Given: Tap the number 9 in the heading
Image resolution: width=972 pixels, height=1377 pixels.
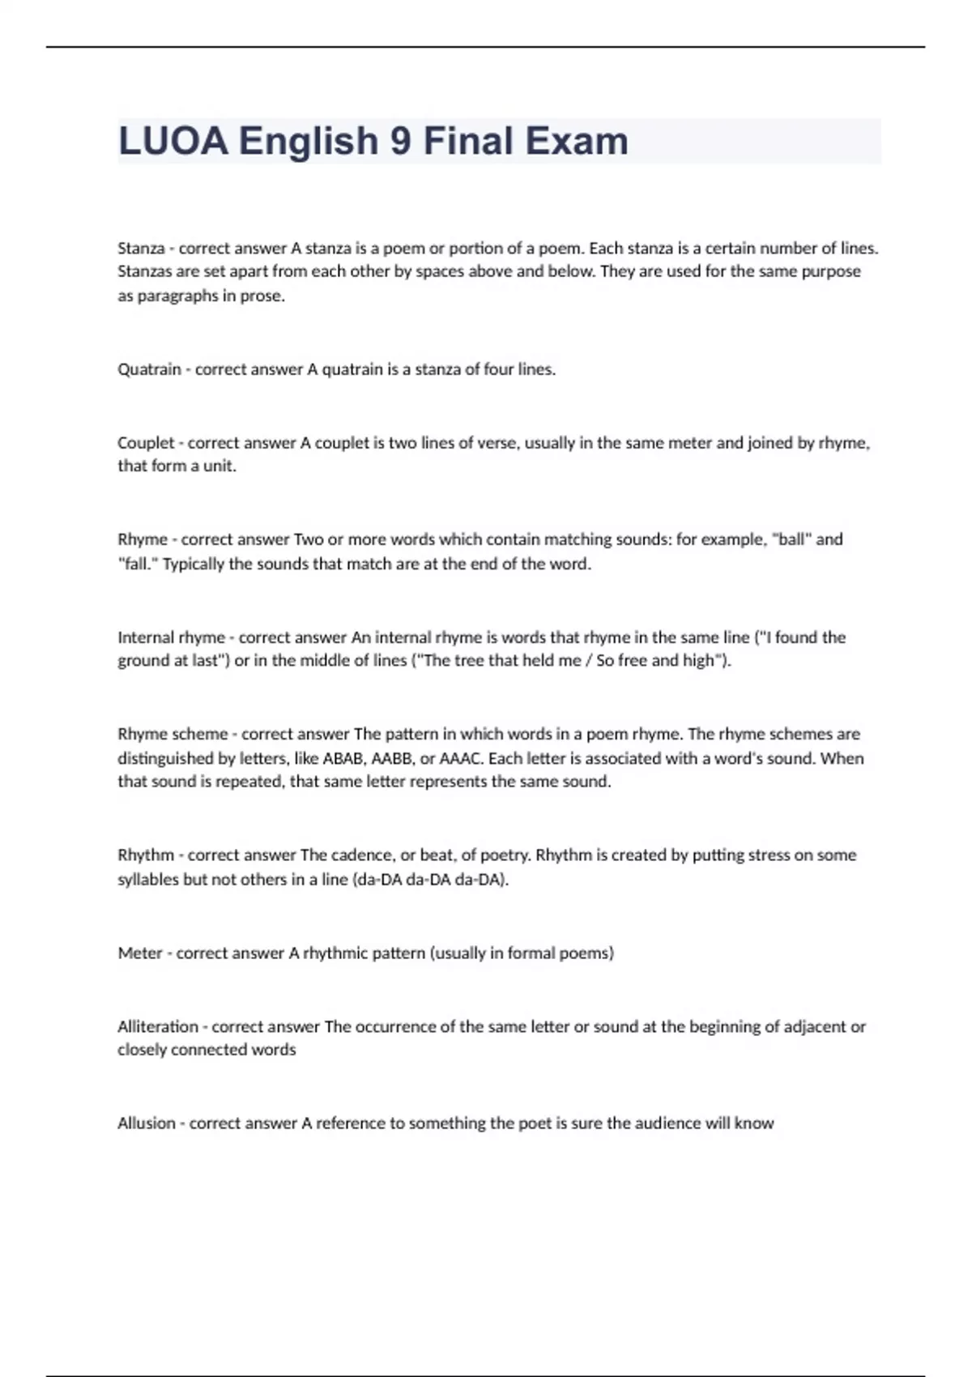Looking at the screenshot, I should (400, 141).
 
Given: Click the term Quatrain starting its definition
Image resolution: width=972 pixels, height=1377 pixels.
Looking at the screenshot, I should (149, 369).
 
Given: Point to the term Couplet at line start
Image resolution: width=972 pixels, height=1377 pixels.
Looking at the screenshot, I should (146, 443).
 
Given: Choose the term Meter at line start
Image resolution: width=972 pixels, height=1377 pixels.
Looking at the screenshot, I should (140, 953).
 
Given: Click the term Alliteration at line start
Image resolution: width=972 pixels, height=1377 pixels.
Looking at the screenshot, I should (158, 1026).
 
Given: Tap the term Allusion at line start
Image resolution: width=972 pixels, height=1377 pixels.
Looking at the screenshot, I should (147, 1123).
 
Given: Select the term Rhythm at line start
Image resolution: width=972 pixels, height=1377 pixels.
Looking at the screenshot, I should (146, 855).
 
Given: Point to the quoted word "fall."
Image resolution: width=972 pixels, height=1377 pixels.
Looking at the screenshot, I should (138, 564).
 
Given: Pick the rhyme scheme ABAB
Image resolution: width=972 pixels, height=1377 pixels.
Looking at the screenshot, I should (343, 759).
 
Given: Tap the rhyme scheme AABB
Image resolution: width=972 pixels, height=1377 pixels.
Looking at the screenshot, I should (392, 759).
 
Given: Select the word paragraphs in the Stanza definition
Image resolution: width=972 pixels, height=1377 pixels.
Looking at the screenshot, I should (177, 296).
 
